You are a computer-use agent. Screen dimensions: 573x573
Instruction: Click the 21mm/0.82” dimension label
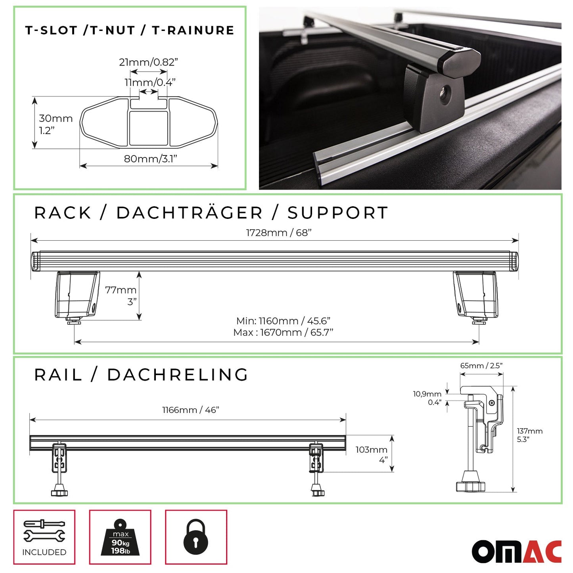pyautogui.click(x=148, y=62)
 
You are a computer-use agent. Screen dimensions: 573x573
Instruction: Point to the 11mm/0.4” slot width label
pyautogui.click(x=150, y=82)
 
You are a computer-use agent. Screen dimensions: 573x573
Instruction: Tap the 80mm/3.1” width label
pyautogui.click(x=150, y=159)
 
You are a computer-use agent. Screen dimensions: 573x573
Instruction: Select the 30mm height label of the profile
pyautogui.click(x=56, y=119)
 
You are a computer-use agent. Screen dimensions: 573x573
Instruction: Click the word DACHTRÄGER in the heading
pyautogui.click(x=190, y=213)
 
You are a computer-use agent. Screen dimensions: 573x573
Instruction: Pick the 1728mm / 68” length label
pyautogui.click(x=278, y=233)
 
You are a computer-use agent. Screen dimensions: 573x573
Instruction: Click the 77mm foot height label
pyautogui.click(x=121, y=290)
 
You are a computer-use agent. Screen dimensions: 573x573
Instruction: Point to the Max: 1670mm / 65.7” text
pyautogui.click(x=283, y=333)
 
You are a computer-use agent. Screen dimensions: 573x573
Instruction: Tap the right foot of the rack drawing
pyautogui.click(x=476, y=295)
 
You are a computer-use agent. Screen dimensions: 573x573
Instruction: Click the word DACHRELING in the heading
pyautogui.click(x=178, y=375)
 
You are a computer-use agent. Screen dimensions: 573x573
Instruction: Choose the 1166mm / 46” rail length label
pyautogui.click(x=190, y=410)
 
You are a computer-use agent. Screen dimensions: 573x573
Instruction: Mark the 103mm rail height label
pyautogui.click(x=371, y=450)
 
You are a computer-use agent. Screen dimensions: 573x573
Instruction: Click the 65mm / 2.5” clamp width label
pyautogui.click(x=481, y=366)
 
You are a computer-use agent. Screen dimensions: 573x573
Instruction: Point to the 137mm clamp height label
pyautogui.click(x=529, y=431)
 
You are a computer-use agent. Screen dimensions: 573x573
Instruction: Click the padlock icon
pyautogui.click(x=195, y=537)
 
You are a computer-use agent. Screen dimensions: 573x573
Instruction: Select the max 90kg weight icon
pyautogui.click(x=120, y=538)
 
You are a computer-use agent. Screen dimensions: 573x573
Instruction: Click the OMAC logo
pyautogui.click(x=516, y=551)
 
